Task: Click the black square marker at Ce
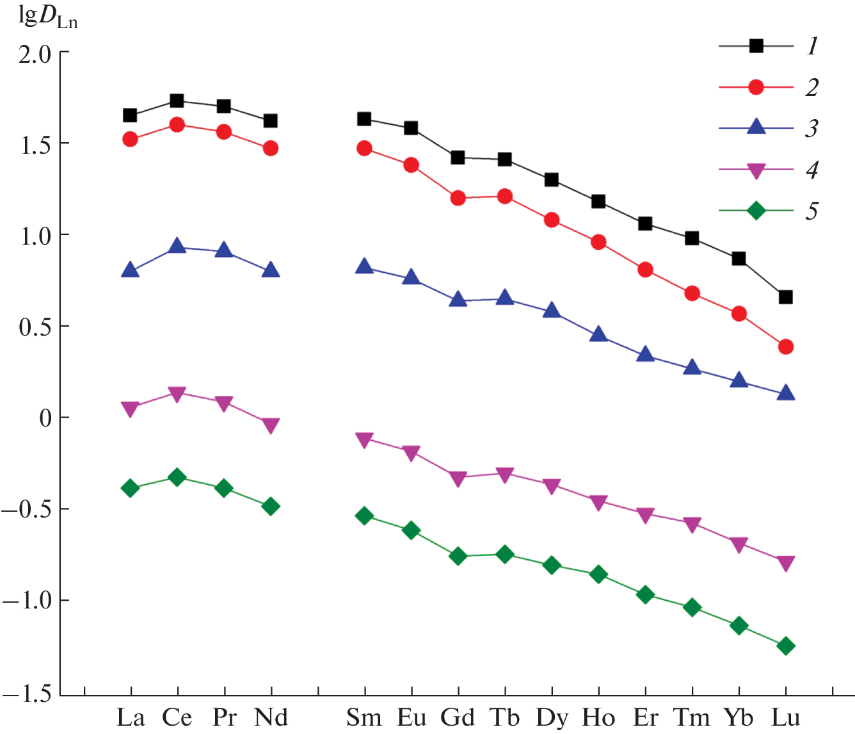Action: pos(177,101)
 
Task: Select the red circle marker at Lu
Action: pos(786,347)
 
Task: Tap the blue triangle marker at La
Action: pos(131,270)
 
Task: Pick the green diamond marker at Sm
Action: pos(364,516)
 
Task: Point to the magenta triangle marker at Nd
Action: pos(271,426)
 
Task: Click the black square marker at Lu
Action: pos(786,297)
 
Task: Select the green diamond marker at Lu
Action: pos(786,646)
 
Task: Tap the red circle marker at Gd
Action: pos(458,199)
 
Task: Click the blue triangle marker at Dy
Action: pos(552,311)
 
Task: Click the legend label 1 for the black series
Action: pos(812,46)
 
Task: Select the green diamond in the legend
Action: pos(756,210)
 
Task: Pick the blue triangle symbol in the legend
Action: pos(756,127)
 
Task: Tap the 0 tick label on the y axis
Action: pos(45,419)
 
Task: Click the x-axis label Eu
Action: pos(412,718)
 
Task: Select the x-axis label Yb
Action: pos(739,718)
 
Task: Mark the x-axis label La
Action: pos(131,718)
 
